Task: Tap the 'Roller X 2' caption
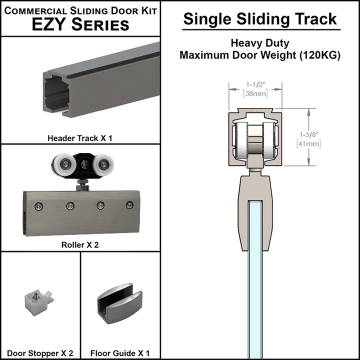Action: click(80, 245)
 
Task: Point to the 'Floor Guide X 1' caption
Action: click(120, 353)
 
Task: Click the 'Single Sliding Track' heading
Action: click(259, 19)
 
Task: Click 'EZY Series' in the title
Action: click(80, 24)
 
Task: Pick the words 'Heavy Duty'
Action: click(259, 43)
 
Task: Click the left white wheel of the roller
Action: click(61, 164)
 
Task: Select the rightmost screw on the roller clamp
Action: click(130, 204)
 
